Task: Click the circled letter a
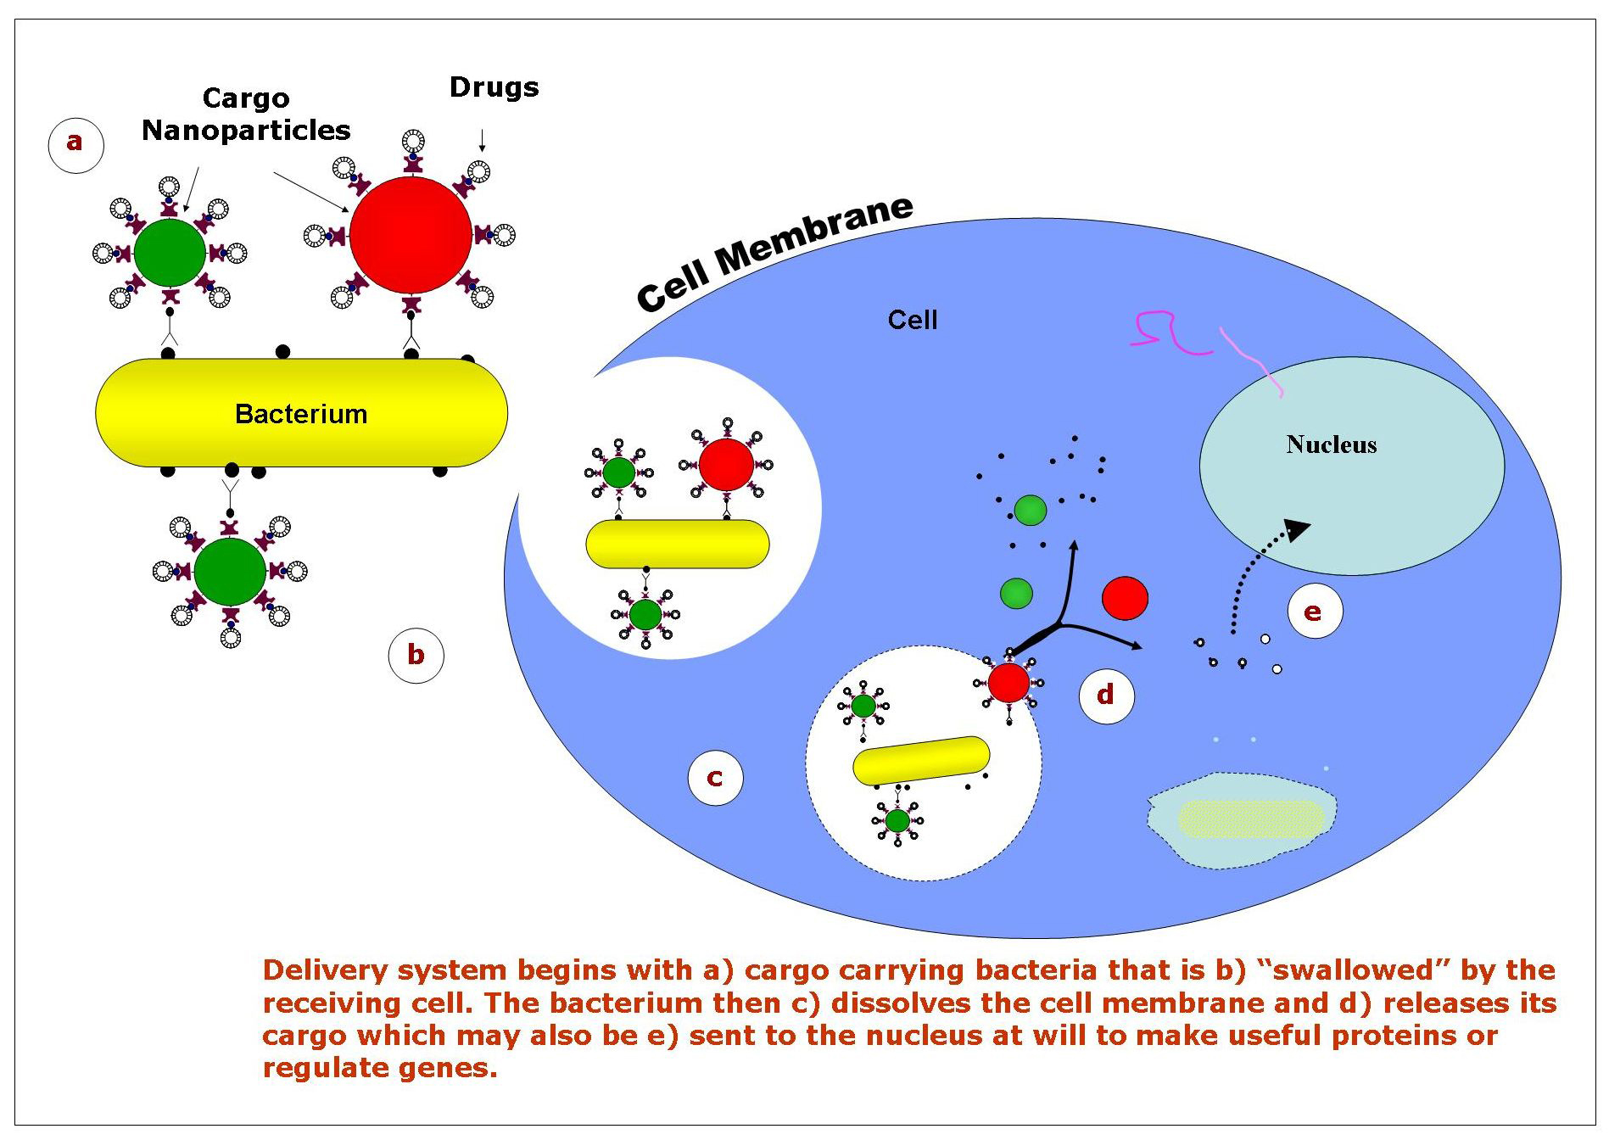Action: pos(75,143)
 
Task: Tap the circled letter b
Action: pos(416,655)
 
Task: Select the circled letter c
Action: pos(715,778)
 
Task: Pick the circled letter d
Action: pos(1105,696)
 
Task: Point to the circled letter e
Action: pos(1313,612)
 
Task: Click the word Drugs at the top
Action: pos(494,87)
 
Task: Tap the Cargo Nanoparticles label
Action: pos(246,115)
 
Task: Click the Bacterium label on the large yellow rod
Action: pos(301,414)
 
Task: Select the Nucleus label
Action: pos(1331,444)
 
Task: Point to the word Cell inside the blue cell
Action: pos(913,320)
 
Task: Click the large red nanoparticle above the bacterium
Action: pos(411,235)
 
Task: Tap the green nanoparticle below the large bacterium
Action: pos(230,572)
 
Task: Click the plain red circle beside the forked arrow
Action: pos(1125,598)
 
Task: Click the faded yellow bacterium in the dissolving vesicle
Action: pos(1250,819)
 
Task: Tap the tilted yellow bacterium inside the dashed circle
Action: pos(921,760)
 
